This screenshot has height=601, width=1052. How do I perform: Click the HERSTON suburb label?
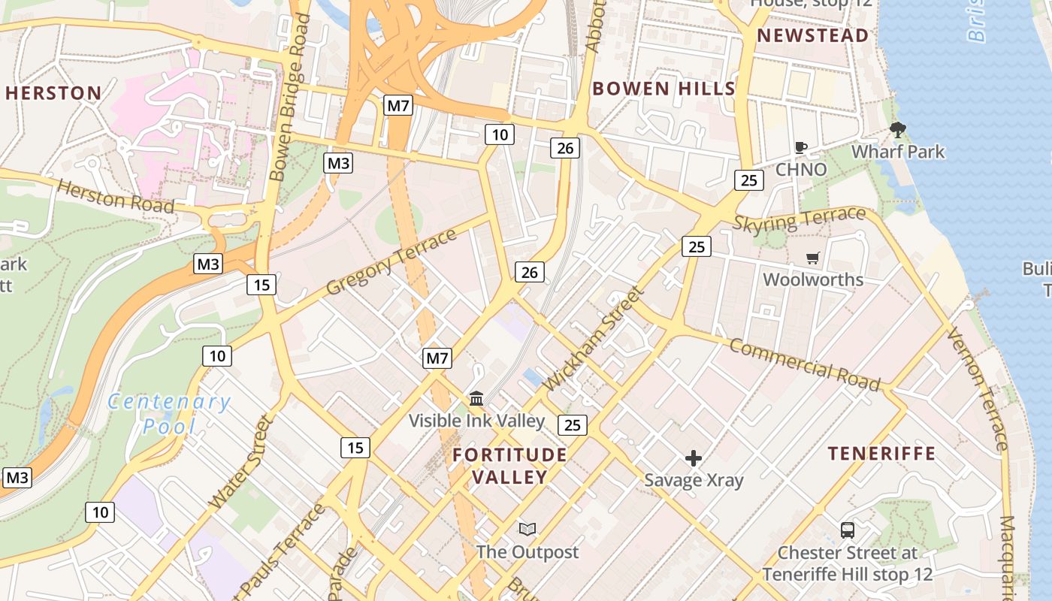[53, 93]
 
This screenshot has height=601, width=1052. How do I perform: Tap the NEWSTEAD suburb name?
[812, 35]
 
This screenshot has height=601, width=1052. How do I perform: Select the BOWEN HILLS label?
[664, 88]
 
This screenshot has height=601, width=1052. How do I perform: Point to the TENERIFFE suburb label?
[881, 453]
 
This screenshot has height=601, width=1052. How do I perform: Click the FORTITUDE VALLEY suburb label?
[509, 466]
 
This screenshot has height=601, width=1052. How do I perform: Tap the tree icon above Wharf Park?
[897, 130]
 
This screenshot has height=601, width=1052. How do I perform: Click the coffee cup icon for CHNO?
[801, 147]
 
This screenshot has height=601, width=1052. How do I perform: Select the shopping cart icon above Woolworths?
[812, 258]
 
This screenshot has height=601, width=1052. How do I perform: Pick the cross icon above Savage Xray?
[694, 458]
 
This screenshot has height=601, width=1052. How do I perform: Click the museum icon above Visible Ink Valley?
[476, 398]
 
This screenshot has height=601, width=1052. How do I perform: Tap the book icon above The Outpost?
[528, 530]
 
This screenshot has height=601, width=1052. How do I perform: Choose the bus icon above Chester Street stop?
[848, 530]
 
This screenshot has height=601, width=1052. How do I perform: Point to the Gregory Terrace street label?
[391, 262]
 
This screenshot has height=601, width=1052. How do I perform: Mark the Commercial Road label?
[804, 365]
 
